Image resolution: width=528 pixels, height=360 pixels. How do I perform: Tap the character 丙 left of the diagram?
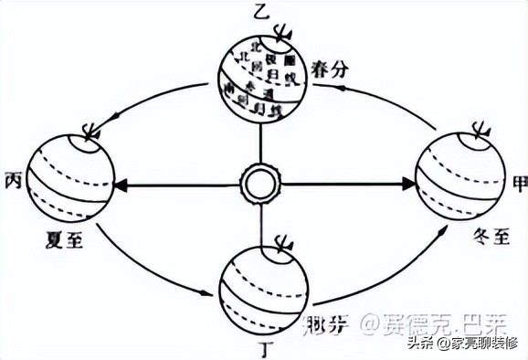point(12,176)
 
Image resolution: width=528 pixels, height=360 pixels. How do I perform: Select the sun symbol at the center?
point(258,184)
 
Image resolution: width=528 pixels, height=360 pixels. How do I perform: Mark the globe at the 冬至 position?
point(459,179)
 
